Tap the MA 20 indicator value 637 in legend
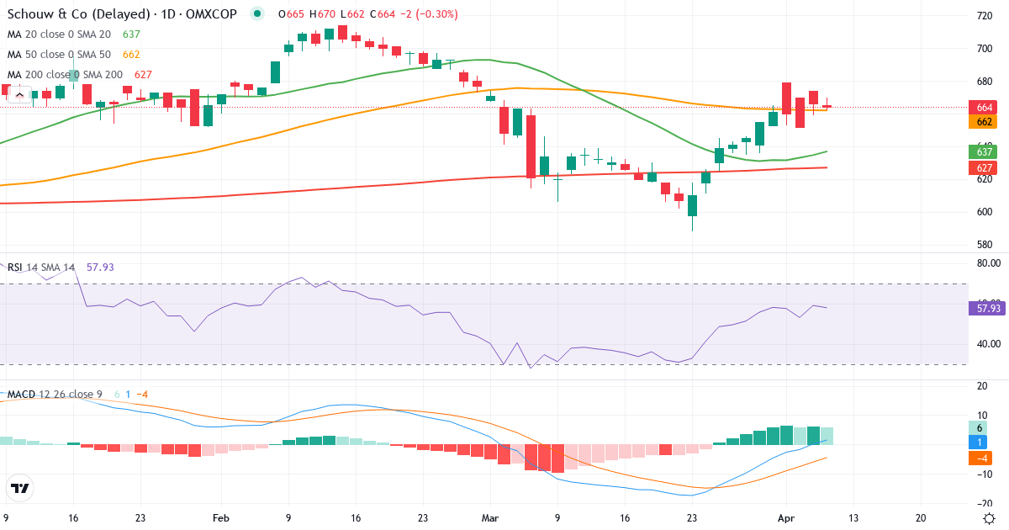pos(131,34)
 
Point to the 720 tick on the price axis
pos(983,16)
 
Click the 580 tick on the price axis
pos(983,245)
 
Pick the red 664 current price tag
pos(983,107)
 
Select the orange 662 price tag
pos(983,122)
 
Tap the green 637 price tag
pos(983,152)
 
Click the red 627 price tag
pos(983,167)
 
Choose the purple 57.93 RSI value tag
pos(988,309)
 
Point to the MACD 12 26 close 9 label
pos(55,395)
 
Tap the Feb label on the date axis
pos(221,518)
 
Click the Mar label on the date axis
pos(490,518)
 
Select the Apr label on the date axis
pos(784,518)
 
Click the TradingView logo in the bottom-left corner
pos(20,488)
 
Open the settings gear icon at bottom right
pos(990,518)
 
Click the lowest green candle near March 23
pos(693,206)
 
